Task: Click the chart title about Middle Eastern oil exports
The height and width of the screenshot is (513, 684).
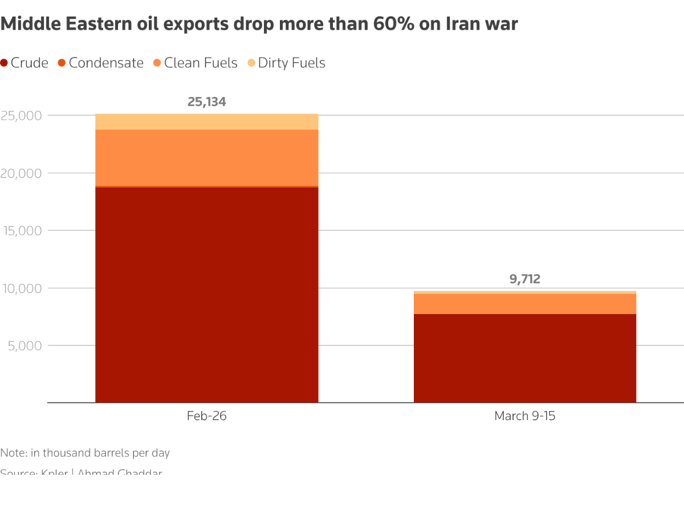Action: [259, 24]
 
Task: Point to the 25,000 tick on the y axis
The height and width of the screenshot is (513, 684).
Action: [22, 116]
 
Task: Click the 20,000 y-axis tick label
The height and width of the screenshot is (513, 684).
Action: [22, 173]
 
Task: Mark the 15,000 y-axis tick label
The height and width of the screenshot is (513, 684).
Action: [22, 231]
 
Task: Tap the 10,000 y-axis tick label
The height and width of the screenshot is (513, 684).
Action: [22, 288]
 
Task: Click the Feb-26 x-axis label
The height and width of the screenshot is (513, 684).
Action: [206, 416]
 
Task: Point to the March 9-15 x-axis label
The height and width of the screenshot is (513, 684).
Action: [524, 416]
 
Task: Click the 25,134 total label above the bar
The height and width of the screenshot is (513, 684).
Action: [206, 102]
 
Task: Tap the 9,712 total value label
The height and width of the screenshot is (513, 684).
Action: [524, 279]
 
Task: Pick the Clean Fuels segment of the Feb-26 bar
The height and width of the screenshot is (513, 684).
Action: [206, 158]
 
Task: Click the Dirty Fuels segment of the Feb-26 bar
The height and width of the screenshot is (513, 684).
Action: [206, 122]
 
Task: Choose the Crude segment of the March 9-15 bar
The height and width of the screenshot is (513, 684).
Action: [524, 358]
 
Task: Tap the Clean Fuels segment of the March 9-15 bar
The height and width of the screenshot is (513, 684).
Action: [524, 304]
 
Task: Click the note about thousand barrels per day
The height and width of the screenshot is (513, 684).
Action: [85, 453]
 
